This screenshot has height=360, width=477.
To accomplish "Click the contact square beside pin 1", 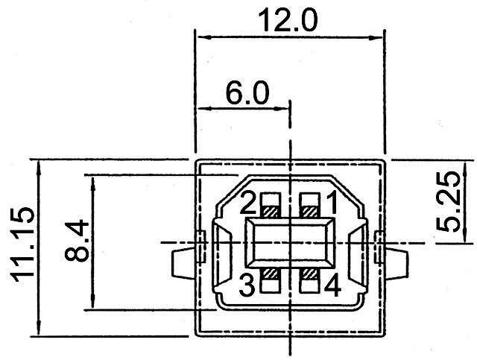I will [308, 205].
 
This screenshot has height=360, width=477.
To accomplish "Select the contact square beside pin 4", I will [308, 281].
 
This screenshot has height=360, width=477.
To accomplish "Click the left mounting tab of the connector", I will [184, 263].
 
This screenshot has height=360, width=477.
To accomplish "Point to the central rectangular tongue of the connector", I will [290, 244].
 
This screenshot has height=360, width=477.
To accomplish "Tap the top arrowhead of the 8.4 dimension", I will [92, 181].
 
